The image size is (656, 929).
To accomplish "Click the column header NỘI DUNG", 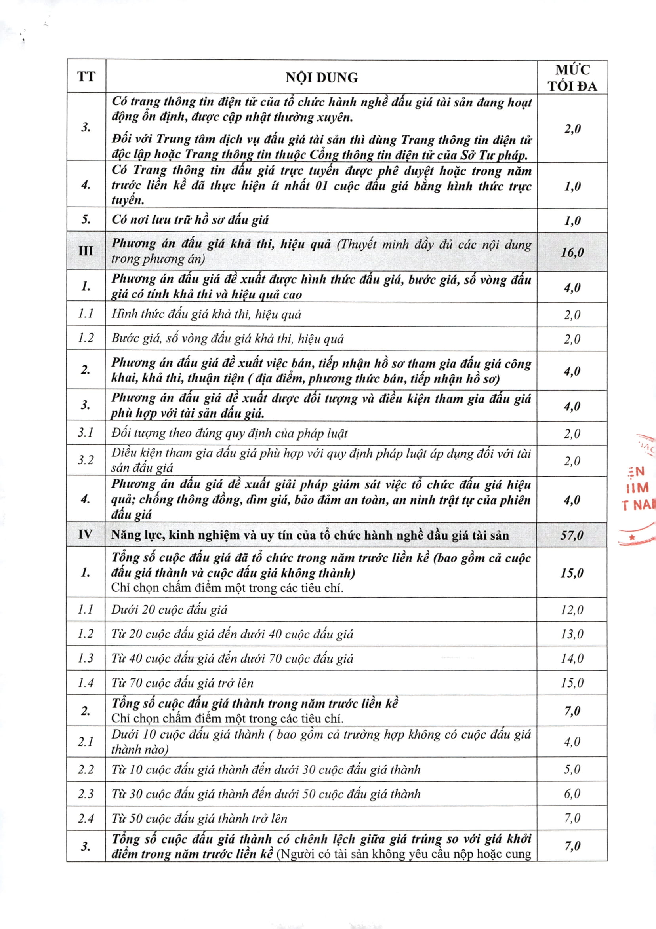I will [322, 77].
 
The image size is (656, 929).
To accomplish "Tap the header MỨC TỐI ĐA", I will [572, 78].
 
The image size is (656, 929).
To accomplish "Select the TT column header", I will [86, 76].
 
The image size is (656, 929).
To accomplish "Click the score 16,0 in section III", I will [572, 253].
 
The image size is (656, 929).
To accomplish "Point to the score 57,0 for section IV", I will [572, 535].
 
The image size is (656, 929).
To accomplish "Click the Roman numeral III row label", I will [86, 251].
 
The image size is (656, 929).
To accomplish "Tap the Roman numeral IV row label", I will [86, 534].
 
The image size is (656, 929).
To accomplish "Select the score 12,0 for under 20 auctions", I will [572, 610].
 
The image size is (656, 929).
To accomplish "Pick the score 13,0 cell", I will [572, 634].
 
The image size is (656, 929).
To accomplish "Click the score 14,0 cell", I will [572, 658].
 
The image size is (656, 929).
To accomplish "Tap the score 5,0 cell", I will [572, 769].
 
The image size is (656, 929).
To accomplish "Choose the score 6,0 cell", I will [572, 794].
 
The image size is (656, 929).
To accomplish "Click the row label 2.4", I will [86, 818].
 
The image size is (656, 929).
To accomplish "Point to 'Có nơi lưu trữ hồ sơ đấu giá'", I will [190, 220].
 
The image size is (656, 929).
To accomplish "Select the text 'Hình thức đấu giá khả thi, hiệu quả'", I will [206, 314].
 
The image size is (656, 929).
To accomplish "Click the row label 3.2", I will [86, 460].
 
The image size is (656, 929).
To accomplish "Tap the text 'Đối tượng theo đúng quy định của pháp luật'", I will [229, 433].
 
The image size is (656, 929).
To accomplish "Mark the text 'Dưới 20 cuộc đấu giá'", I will [169, 610].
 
